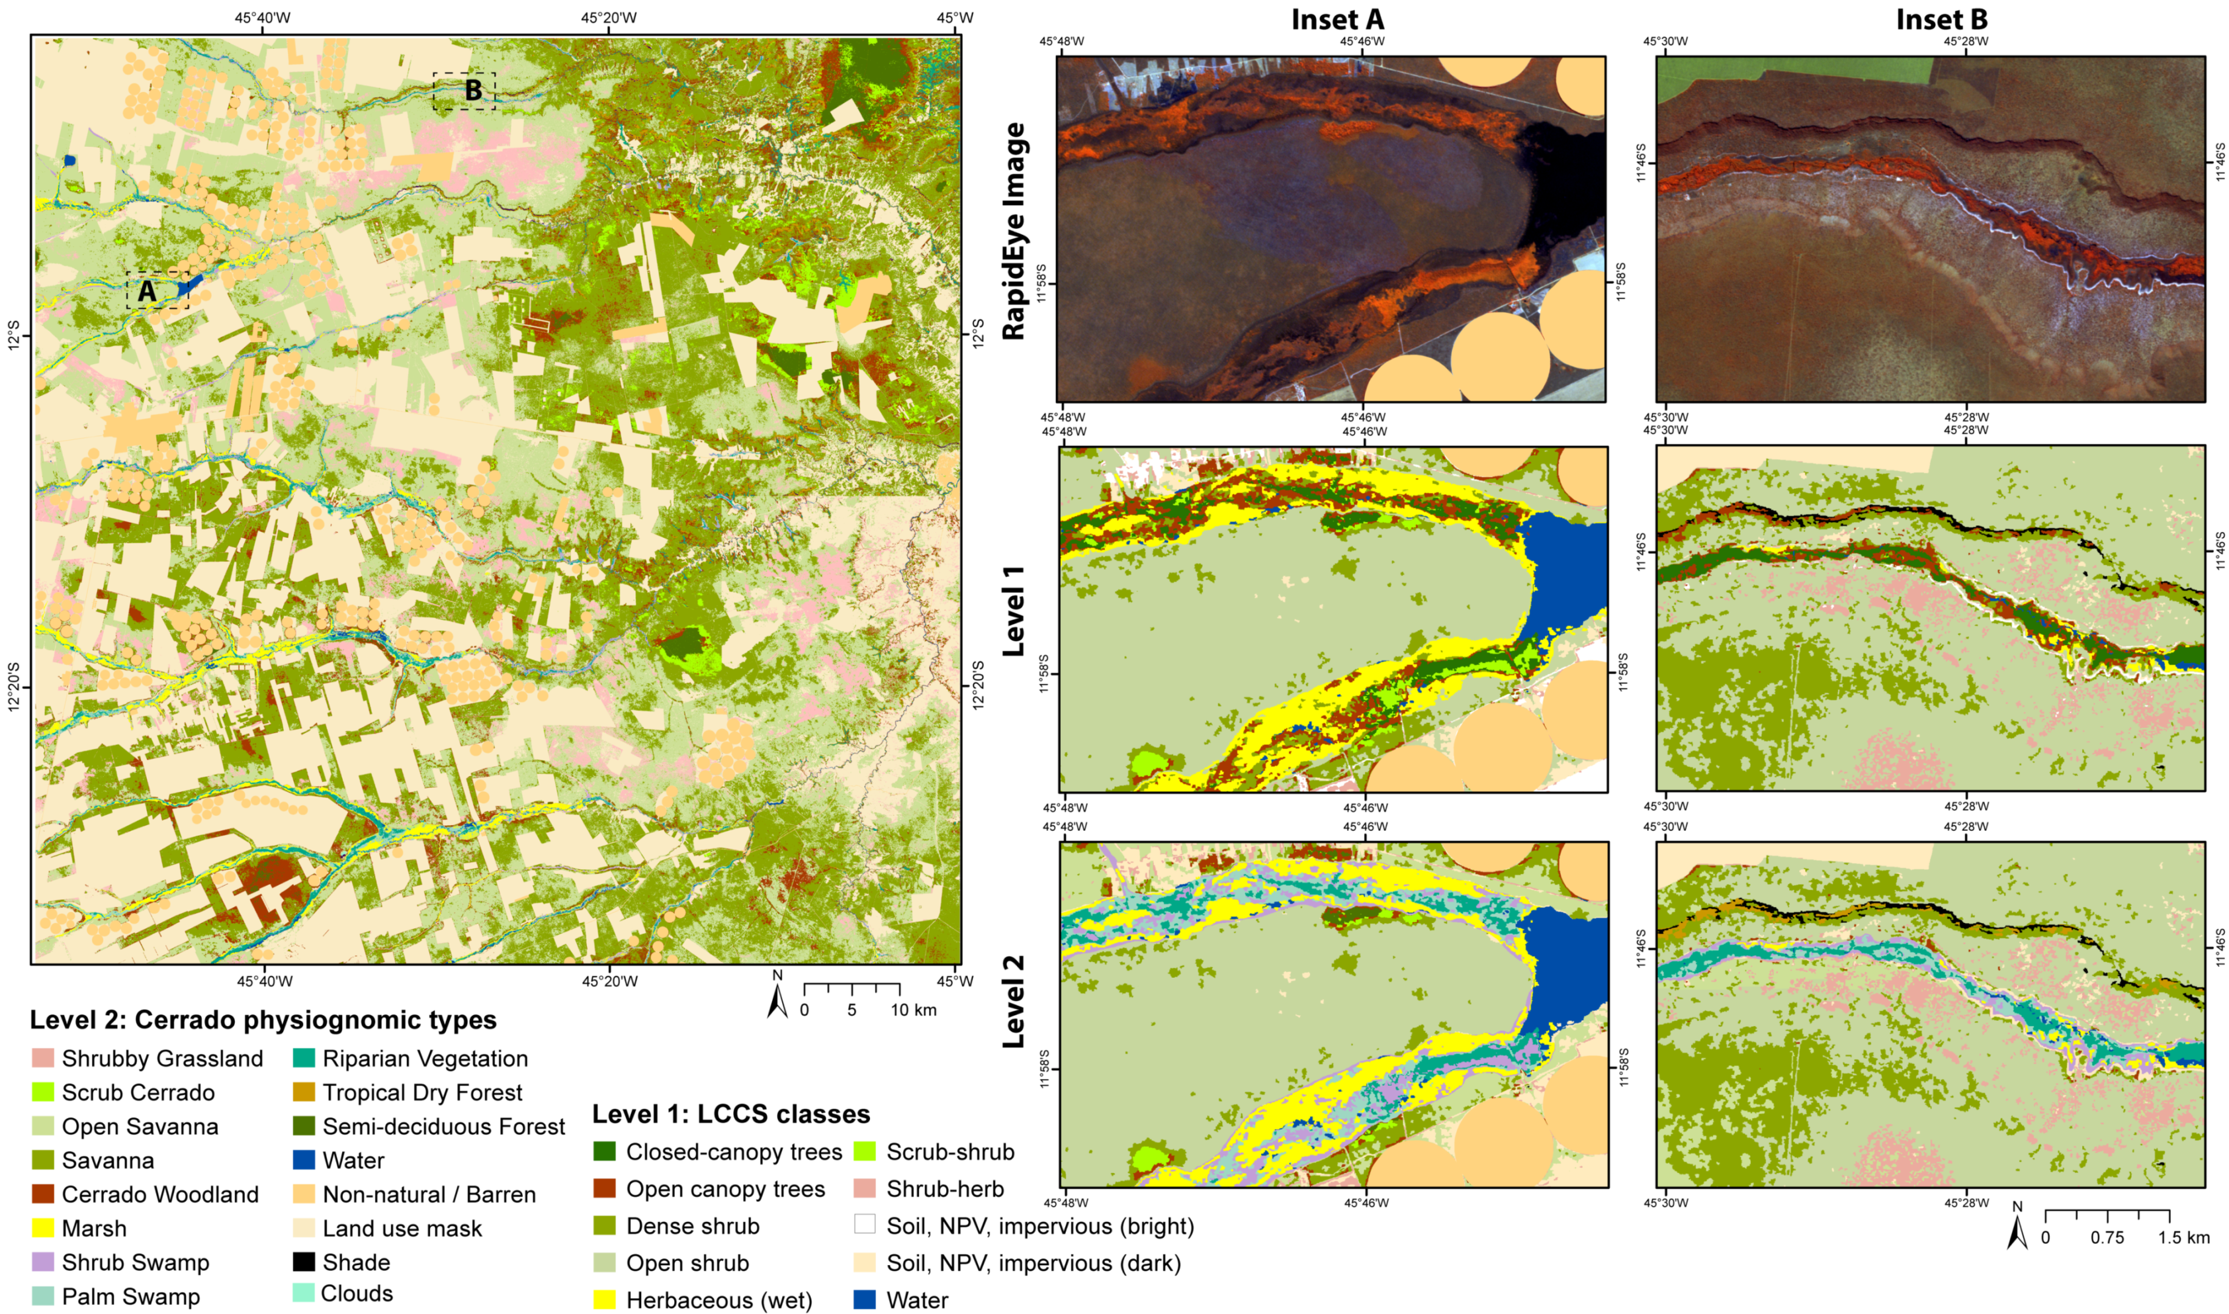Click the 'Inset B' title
pyautogui.click(x=1940, y=19)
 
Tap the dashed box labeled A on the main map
pyautogui.click(x=158, y=290)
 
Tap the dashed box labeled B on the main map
pyautogui.click(x=464, y=91)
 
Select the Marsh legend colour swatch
pyautogui.click(x=42, y=1228)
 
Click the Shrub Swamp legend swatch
pyautogui.click(x=42, y=1261)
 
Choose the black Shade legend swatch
pyautogui.click(x=303, y=1261)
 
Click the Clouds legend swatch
pyautogui.click(x=303, y=1293)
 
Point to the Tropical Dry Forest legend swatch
pyautogui.click(x=303, y=1092)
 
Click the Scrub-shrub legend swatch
pyautogui.click(x=865, y=1152)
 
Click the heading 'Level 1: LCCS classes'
pyautogui.click(x=731, y=1114)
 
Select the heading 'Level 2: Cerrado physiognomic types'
pyautogui.click(x=263, y=1020)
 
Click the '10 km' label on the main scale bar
pyautogui.click(x=913, y=1010)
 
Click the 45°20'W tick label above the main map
pyautogui.click(x=609, y=17)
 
